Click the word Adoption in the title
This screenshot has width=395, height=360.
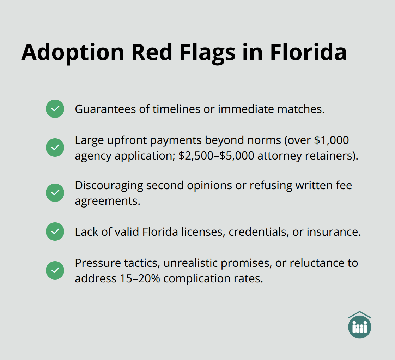(73, 52)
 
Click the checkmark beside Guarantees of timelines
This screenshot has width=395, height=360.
(55, 109)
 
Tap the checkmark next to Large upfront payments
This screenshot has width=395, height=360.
(55, 148)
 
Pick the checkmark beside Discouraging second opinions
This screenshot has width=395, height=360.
(55, 193)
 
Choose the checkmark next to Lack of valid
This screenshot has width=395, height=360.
(55, 232)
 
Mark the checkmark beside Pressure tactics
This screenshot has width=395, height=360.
(55, 270)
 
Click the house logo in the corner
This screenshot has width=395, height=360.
(359, 325)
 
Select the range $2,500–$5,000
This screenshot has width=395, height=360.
(216, 156)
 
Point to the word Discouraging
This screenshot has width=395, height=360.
(109, 185)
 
